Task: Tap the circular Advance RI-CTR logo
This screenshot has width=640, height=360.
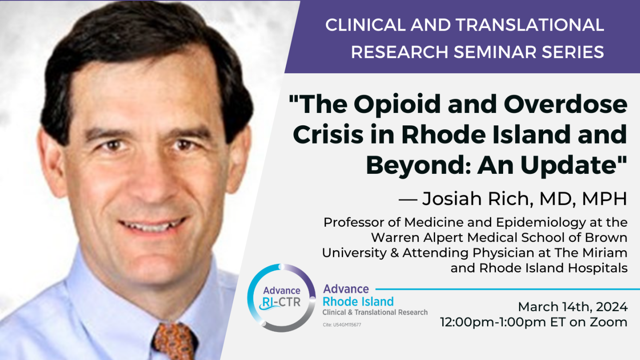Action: pyautogui.click(x=281, y=297)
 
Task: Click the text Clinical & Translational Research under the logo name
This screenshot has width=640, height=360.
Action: pyautogui.click(x=375, y=312)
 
